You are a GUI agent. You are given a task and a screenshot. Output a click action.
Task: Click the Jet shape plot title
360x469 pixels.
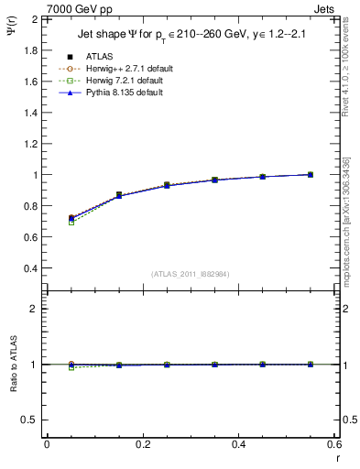pos(191,35)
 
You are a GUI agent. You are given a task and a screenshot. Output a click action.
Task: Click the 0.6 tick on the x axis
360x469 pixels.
pos(333,444)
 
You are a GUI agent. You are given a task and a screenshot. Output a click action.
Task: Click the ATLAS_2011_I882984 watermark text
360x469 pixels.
pos(191,274)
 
